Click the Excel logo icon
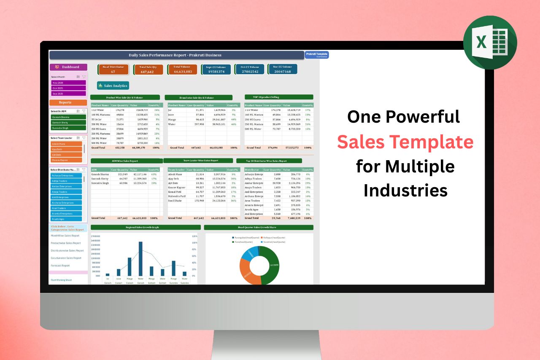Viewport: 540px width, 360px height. point(490,42)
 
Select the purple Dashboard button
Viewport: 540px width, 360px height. point(68,67)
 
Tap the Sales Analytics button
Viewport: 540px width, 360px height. point(113,86)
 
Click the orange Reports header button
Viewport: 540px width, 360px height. point(68,102)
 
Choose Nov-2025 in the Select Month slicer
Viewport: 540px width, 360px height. point(68,83)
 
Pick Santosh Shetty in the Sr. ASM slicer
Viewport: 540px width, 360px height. point(68,122)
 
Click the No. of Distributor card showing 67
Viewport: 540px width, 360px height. point(113,70)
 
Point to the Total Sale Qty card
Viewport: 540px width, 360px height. point(148,70)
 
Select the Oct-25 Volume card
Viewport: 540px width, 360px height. point(250,70)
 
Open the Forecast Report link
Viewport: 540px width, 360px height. point(60,266)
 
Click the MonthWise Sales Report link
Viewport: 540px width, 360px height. point(65,236)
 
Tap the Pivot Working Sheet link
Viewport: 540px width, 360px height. point(61,280)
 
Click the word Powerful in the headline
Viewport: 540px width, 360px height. point(427,117)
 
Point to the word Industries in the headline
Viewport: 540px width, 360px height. point(405,190)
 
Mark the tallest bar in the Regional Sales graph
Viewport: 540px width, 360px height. point(140,258)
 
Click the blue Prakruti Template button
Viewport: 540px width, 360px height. point(316,55)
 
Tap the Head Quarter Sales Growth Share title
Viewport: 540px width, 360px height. point(257,227)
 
